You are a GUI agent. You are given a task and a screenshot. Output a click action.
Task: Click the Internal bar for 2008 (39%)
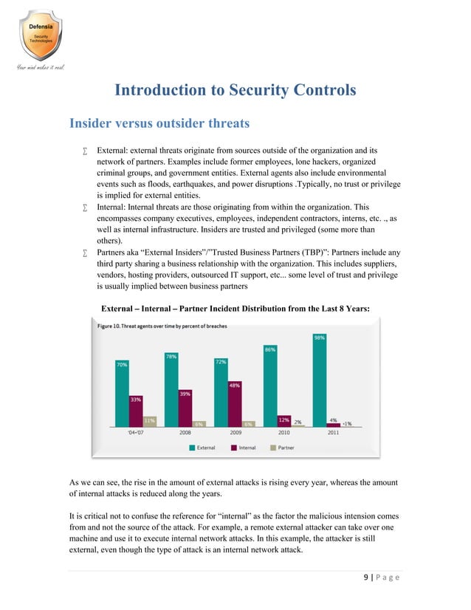pos(185,408)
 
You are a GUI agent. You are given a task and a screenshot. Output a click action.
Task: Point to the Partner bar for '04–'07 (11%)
pos(149,421)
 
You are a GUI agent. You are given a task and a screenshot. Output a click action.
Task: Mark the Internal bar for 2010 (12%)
pos(283,422)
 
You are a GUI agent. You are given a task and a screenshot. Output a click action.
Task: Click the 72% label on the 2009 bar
pos(221,362)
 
